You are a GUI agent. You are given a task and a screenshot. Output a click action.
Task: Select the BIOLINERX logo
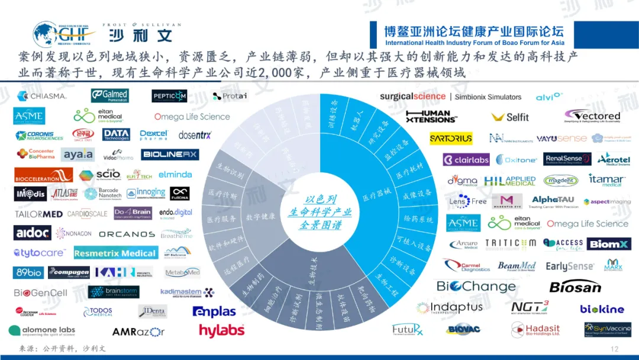tap(170, 155)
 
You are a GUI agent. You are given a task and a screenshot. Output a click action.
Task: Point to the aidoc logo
tap(32, 233)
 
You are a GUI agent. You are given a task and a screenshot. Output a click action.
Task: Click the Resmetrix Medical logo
tap(115, 253)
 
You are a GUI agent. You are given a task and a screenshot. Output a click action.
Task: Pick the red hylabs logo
tap(221, 330)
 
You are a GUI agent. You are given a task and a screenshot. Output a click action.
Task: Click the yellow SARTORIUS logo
tap(451, 139)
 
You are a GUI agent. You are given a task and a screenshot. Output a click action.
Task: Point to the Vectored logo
tap(592, 115)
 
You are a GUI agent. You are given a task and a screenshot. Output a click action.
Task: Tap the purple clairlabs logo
tap(466, 159)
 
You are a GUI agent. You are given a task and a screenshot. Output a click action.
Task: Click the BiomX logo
tap(609, 244)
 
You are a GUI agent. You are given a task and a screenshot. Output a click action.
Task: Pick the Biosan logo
tap(575, 287)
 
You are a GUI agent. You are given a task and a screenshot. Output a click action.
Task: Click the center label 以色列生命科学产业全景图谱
tap(319, 213)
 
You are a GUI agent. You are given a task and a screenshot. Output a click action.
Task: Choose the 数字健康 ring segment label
tap(260, 217)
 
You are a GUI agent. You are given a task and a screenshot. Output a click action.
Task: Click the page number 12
tap(614, 349)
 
